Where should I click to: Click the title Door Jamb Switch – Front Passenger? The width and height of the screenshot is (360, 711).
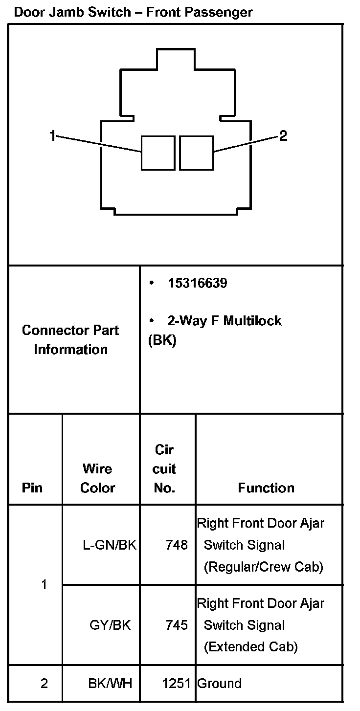click(133, 12)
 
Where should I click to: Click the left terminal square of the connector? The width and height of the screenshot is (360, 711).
click(157, 153)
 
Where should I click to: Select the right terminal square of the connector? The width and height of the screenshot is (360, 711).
click(197, 153)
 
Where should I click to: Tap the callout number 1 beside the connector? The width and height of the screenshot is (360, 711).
click(53, 135)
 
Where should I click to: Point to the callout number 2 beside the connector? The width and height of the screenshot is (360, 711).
click(283, 135)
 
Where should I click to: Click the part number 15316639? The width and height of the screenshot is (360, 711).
click(197, 283)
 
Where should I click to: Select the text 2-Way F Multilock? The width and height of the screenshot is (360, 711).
click(225, 321)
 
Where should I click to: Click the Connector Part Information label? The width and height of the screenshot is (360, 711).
click(70, 340)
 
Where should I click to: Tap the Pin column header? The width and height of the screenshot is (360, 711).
click(32, 488)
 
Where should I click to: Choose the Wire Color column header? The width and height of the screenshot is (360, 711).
click(98, 478)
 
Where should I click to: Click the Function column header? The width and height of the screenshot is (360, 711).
click(266, 488)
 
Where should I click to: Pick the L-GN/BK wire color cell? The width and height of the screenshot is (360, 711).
click(110, 545)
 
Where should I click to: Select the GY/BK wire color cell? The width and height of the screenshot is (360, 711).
click(110, 625)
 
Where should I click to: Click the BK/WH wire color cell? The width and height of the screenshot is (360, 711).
click(110, 684)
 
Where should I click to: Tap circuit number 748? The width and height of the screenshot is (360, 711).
click(177, 545)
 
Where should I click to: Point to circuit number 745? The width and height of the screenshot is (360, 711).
click(177, 625)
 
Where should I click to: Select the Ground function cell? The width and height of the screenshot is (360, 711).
click(219, 684)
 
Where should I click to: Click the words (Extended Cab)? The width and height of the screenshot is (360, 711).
click(250, 647)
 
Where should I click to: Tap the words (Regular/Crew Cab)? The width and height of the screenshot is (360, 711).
click(263, 567)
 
